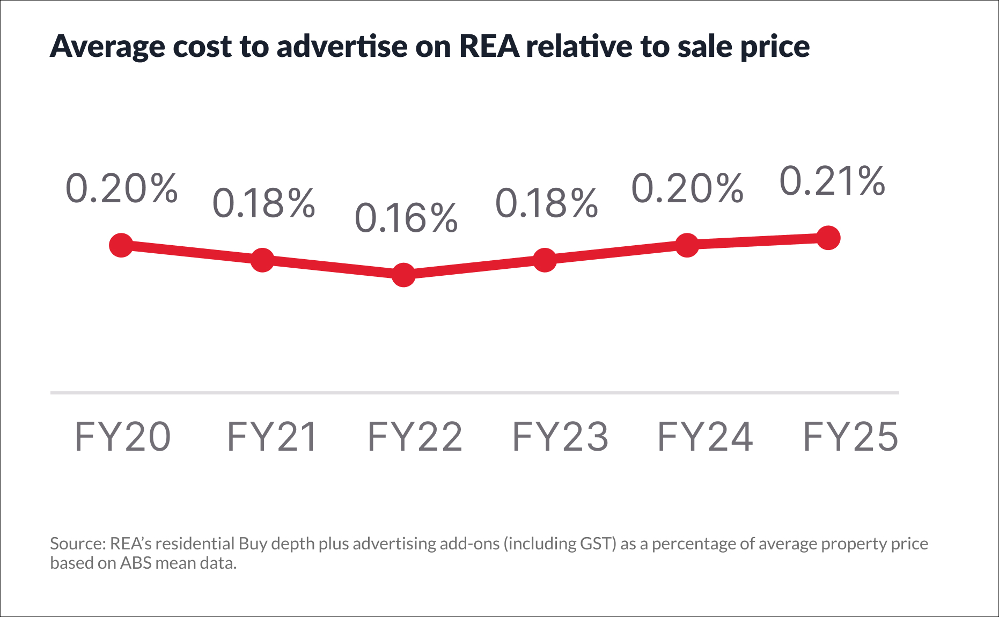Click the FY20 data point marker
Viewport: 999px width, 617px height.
pyautogui.click(x=121, y=245)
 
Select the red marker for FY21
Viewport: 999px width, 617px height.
pyautogui.click(x=262, y=260)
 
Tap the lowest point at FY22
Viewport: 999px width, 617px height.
pyautogui.click(x=403, y=275)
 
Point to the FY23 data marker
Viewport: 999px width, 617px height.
pyautogui.click(x=545, y=260)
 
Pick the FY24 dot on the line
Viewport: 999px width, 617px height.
pyautogui.click(x=687, y=245)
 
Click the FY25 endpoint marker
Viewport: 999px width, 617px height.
pyautogui.click(x=828, y=238)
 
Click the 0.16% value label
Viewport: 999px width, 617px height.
pyautogui.click(x=406, y=218)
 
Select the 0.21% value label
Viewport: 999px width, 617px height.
pyautogui.click(x=832, y=181)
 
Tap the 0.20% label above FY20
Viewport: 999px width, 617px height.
pyautogui.click(x=121, y=188)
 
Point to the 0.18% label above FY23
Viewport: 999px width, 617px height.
pyautogui.click(x=546, y=203)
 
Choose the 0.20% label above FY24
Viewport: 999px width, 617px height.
pyautogui.click(x=687, y=188)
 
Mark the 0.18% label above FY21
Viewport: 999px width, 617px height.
pyautogui.click(x=263, y=203)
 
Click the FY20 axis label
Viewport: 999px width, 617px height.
pyautogui.click(x=122, y=437)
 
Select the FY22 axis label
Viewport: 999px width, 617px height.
pyautogui.click(x=415, y=437)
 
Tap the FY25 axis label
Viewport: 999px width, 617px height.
pyautogui.click(x=850, y=437)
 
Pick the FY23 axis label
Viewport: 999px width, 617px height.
pyautogui.click(x=560, y=437)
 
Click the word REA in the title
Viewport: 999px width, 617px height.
pyautogui.click(x=489, y=46)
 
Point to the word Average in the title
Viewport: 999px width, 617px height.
pyautogui.click(x=107, y=47)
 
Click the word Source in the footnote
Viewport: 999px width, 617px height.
pyautogui.click(x=77, y=543)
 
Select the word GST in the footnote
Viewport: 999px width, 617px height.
pyautogui.click(x=597, y=543)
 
